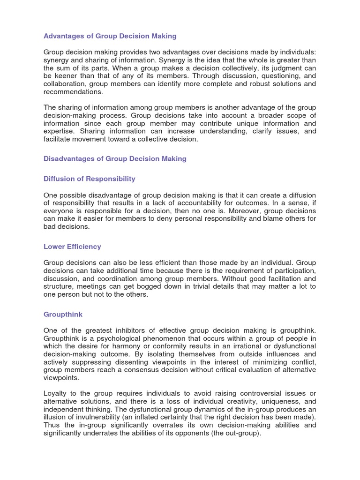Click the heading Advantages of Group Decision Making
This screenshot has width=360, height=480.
[x=110, y=36]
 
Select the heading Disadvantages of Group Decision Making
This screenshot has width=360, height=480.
[x=115, y=159]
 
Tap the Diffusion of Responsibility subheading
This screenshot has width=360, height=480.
[x=90, y=179]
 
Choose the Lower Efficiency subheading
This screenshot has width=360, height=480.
[x=72, y=247]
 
